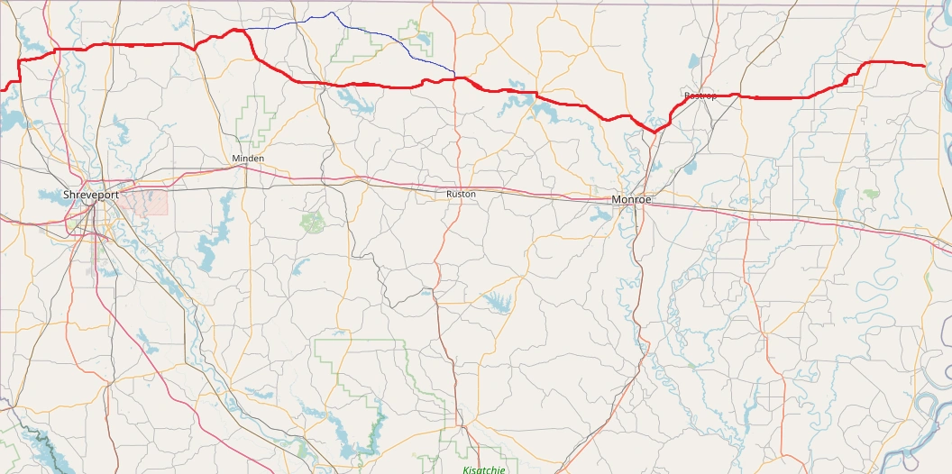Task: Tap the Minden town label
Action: tap(248, 159)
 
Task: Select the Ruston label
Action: tap(461, 194)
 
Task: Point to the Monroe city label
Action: tap(631, 199)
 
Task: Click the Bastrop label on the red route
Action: tap(700, 96)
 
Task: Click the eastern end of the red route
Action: tap(926, 66)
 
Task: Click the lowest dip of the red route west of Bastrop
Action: tap(655, 132)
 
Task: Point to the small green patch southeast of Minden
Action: tap(312, 221)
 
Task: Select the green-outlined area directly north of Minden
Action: tap(261, 117)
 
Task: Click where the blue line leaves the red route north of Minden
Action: tap(245, 30)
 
